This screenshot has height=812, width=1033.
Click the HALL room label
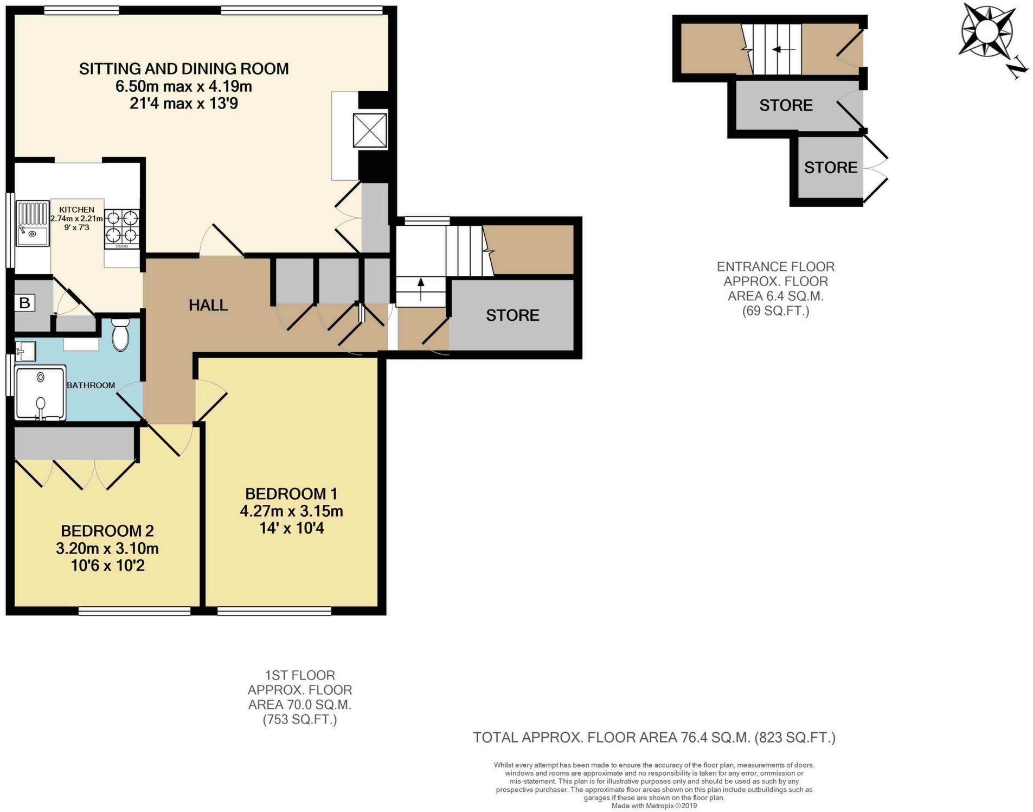tap(208, 305)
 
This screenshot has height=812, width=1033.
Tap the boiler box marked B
tap(25, 302)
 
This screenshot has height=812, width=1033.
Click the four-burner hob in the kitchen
tap(121, 227)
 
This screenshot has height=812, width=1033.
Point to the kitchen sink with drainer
tap(32, 223)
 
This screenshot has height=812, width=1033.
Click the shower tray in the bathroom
tap(41, 392)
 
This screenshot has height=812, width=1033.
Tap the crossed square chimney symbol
tap(370, 130)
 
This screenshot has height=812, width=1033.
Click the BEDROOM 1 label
tap(291, 493)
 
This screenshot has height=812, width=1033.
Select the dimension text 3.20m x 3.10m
tap(107, 548)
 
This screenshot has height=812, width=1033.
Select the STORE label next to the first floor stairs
tap(512, 315)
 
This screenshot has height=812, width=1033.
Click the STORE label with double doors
tap(830, 167)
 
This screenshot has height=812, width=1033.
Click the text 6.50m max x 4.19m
tap(183, 86)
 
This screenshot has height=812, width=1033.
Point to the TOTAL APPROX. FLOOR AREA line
tap(654, 737)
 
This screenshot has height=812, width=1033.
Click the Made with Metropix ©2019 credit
tap(654, 806)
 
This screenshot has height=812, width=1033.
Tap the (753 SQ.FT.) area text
tap(300, 720)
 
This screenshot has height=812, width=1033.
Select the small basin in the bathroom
tap(25, 351)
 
